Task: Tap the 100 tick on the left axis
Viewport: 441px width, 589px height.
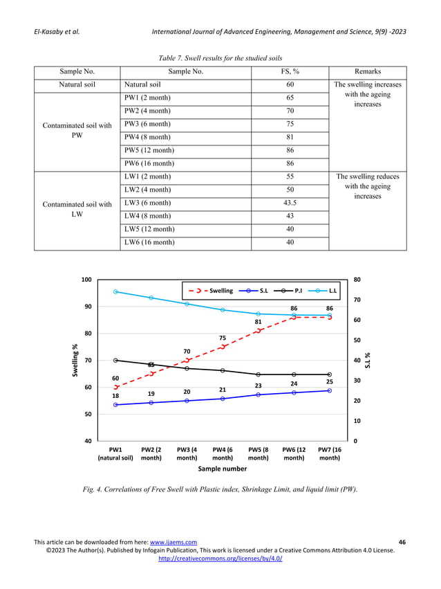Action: (86, 280)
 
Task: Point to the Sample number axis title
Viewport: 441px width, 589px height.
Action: (223, 469)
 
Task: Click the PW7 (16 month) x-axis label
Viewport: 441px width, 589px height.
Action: (330, 453)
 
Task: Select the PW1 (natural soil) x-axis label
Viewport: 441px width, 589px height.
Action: (115, 453)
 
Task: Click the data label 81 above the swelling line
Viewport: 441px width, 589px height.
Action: (258, 322)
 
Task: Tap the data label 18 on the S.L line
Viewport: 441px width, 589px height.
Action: (115, 396)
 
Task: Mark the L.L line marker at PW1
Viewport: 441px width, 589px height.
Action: (115, 291)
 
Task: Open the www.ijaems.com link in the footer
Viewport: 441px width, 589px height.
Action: (173, 541)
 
